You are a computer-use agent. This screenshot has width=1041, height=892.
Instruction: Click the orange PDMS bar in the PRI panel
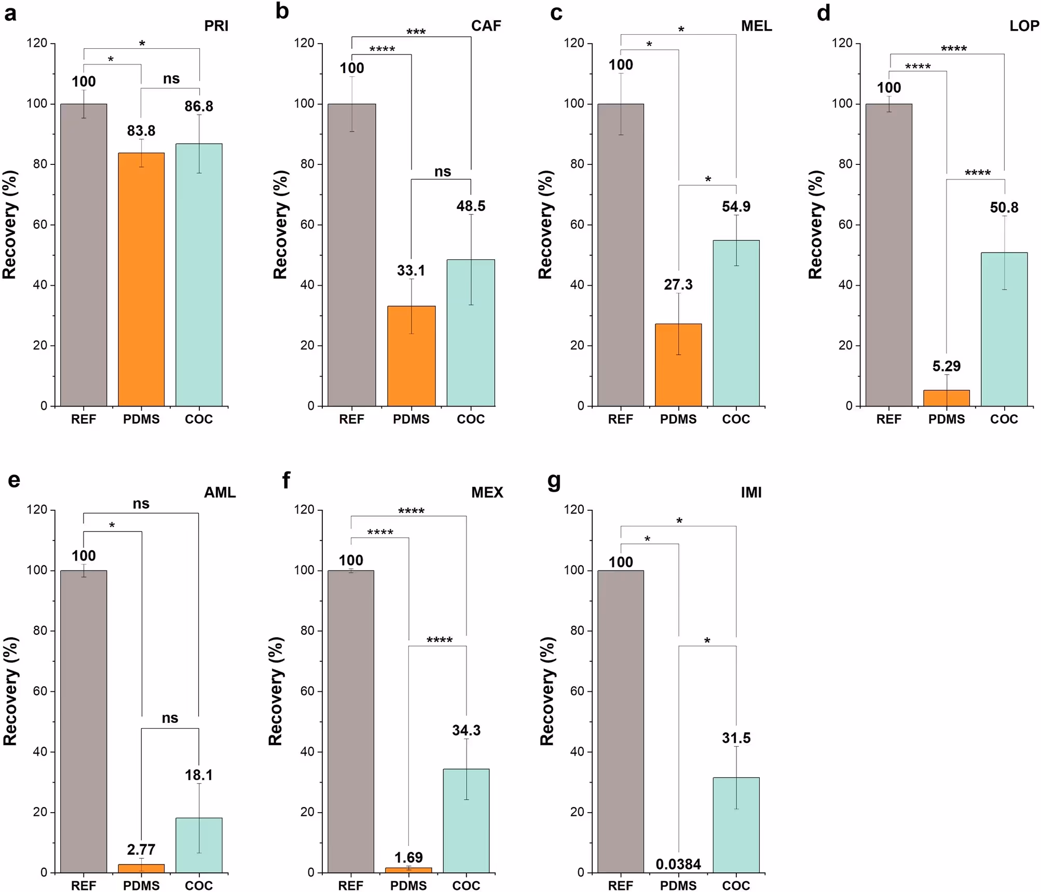pos(141,280)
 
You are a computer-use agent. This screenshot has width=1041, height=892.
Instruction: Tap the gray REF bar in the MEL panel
pos(621,254)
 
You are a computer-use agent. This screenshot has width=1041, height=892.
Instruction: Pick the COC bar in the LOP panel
pos(1004,329)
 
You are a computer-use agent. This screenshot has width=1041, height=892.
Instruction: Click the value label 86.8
pos(199,106)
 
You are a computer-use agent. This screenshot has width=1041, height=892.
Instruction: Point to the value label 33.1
pos(411,270)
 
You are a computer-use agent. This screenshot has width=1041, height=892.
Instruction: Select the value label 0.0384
pos(678,864)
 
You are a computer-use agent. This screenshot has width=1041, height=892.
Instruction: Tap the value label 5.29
pos(947,366)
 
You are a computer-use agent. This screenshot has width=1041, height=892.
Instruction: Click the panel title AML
pos(220,492)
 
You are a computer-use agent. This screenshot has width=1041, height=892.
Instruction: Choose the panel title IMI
pos(751,492)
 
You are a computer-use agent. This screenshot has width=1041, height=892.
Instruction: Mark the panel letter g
pos(554,481)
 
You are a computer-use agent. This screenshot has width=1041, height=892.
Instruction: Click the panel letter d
pos(824,12)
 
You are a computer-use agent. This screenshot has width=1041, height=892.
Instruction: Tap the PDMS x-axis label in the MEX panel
pos(408,885)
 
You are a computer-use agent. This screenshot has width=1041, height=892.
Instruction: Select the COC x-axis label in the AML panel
pos(199,885)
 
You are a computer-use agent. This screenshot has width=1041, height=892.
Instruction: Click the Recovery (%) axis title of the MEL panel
pos(545,225)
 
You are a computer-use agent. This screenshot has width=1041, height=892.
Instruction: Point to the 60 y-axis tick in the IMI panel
pos(577,691)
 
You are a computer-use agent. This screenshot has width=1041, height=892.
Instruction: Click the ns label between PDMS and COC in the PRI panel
pos(171,79)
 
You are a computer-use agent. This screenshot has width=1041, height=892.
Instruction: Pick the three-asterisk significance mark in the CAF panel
pos(416,32)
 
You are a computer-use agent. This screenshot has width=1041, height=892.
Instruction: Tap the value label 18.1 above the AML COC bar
pos(199,775)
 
